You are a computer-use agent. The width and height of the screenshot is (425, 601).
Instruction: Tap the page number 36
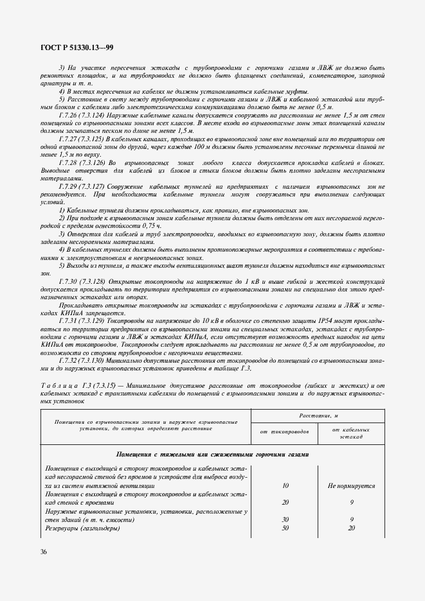[x=44, y=552]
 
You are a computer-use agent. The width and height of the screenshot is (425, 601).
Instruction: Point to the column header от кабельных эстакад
[x=351, y=433]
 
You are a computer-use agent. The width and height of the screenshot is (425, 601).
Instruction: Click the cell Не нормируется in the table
[x=351, y=486]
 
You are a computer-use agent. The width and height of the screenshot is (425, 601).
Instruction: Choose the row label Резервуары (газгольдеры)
[x=82, y=527]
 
